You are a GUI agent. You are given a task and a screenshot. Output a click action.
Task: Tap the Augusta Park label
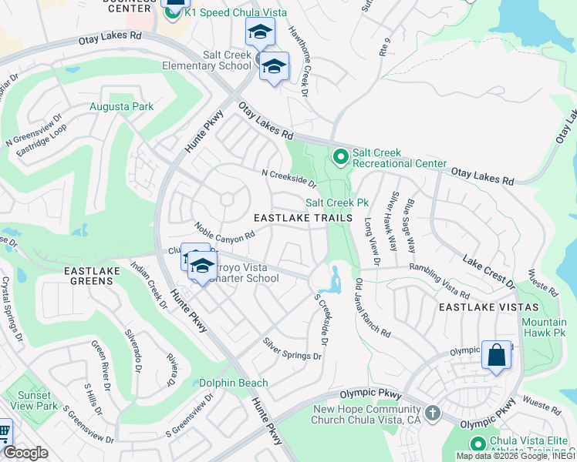coord(121,107)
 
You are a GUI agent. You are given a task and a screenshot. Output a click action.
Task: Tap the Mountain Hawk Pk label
coord(544,327)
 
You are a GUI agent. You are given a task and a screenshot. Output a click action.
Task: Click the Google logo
coord(25,453)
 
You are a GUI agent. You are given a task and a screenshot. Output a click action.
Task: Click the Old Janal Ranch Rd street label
coord(372,307)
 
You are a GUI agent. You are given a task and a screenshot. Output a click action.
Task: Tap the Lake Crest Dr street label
coord(489,272)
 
